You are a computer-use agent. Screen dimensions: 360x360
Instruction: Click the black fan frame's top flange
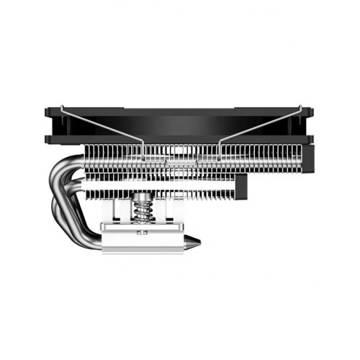(x=180, y=113)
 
